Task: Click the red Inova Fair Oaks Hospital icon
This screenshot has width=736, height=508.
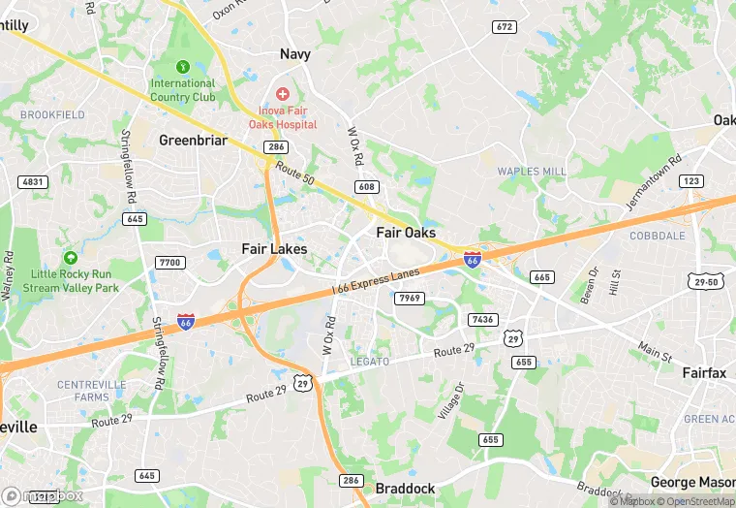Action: tap(282, 93)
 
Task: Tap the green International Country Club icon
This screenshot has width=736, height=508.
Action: tap(183, 67)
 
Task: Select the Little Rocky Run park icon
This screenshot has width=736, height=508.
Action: tap(70, 258)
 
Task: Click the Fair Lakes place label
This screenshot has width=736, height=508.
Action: tap(274, 249)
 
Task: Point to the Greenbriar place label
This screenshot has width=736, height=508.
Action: tap(193, 141)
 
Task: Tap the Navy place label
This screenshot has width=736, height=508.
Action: tap(295, 54)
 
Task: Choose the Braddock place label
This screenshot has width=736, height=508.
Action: tap(405, 489)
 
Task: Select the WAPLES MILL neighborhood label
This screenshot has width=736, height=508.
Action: tap(531, 172)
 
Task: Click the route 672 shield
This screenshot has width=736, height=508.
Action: tap(504, 27)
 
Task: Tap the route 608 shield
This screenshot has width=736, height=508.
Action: tap(366, 186)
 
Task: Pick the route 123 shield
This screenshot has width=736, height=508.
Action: tap(691, 181)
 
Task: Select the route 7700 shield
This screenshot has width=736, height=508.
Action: tap(169, 263)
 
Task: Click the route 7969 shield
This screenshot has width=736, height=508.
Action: tap(410, 298)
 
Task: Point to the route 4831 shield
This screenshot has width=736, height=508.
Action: tap(33, 181)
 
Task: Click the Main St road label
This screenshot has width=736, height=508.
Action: tap(655, 351)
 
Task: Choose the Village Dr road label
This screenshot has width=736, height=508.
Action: tap(450, 400)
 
